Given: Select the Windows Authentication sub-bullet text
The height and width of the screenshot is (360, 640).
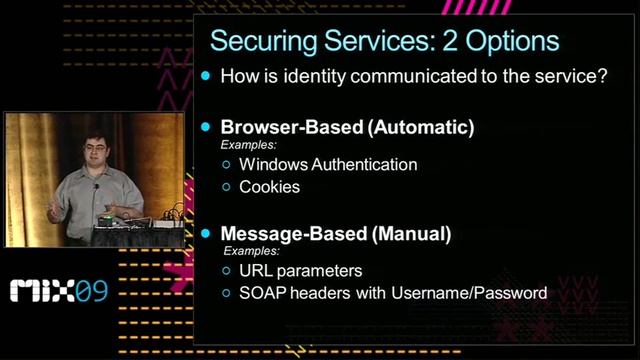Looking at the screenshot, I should tap(328, 164).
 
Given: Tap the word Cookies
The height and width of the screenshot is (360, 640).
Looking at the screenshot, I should tap(269, 186).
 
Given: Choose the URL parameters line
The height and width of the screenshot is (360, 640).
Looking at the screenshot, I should tap(300, 271).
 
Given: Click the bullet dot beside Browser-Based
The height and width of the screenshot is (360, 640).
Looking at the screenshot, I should tap(207, 128).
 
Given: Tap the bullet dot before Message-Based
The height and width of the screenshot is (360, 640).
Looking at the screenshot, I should tap(207, 234).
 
